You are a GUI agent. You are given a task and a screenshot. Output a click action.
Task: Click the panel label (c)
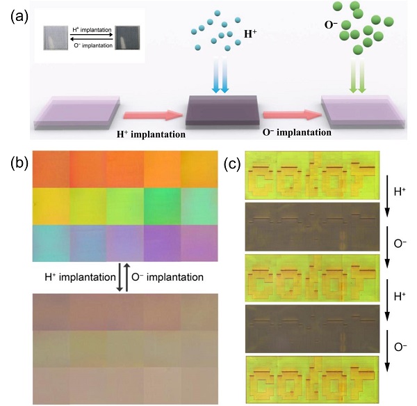click(235, 164)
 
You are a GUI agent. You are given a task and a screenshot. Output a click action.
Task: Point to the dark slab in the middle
click(222, 109)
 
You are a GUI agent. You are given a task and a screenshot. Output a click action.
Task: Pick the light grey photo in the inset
click(56, 36)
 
